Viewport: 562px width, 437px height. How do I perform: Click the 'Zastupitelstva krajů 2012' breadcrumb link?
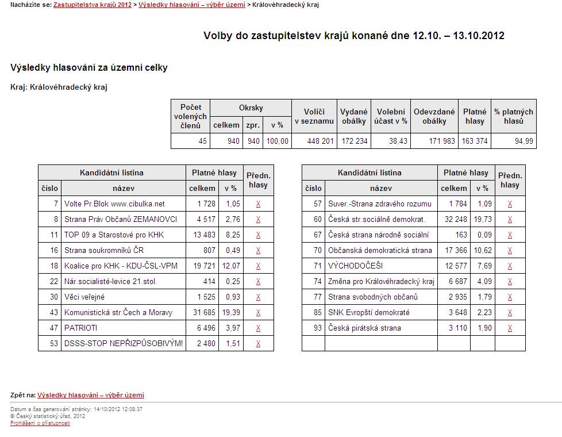pyautogui.click(x=93, y=5)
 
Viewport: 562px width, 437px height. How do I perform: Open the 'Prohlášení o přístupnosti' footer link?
pyautogui.click(x=40, y=423)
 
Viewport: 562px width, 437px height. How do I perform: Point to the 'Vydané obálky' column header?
pyautogui.click(x=354, y=116)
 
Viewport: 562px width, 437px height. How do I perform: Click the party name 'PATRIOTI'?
pyautogui.click(x=81, y=328)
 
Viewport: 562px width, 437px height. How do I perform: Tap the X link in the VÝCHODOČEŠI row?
pyautogui.click(x=510, y=266)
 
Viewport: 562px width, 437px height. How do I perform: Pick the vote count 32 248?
pyautogui.click(x=453, y=219)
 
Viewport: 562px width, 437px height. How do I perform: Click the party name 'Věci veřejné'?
pyautogui.click(x=84, y=297)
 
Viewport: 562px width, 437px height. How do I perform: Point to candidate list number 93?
pyautogui.click(x=318, y=328)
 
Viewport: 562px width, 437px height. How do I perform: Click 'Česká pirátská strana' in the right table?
pyautogui.click(x=364, y=328)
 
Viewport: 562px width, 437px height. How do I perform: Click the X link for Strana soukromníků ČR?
pyautogui.click(x=259, y=250)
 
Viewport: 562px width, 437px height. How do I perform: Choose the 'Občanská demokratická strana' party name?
pyautogui.click(x=380, y=250)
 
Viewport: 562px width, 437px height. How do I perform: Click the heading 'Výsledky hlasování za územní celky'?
pyautogui.click(x=89, y=67)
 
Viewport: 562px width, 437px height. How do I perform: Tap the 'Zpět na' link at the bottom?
pyautogui.click(x=91, y=395)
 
